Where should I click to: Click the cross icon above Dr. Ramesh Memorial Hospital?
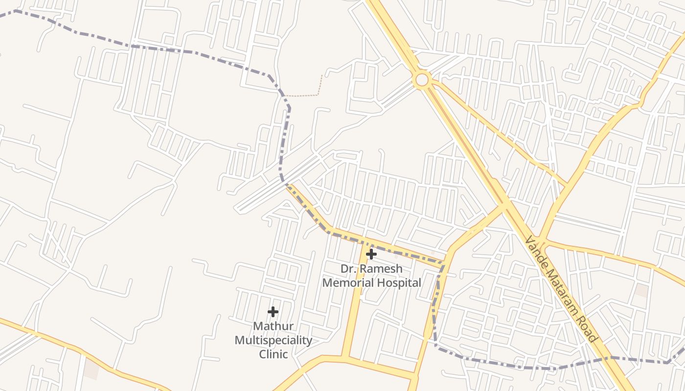point(371,254)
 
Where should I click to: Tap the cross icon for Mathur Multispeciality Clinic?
point(273,311)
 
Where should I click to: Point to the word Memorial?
point(346,282)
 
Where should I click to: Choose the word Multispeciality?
point(273,340)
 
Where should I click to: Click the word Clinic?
point(273,354)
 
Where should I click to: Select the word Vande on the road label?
point(536,250)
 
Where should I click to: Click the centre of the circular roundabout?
point(421,79)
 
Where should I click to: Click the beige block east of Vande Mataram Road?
point(641,290)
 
